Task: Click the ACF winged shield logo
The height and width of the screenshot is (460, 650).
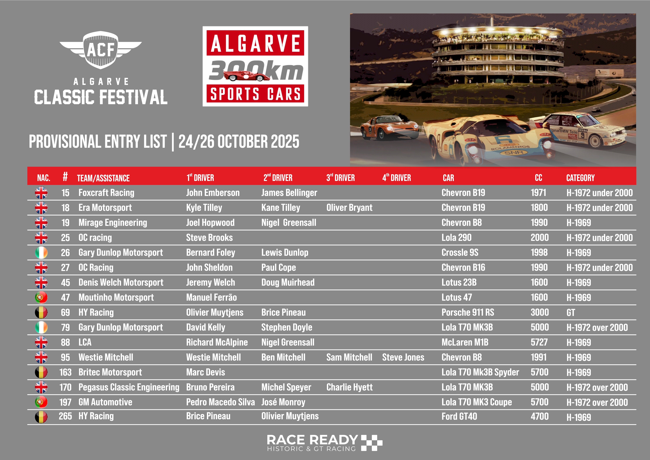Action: point(100,50)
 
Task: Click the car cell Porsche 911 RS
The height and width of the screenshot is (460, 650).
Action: point(468,312)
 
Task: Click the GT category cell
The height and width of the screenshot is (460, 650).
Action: point(571,313)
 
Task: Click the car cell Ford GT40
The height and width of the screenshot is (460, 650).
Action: point(459,416)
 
